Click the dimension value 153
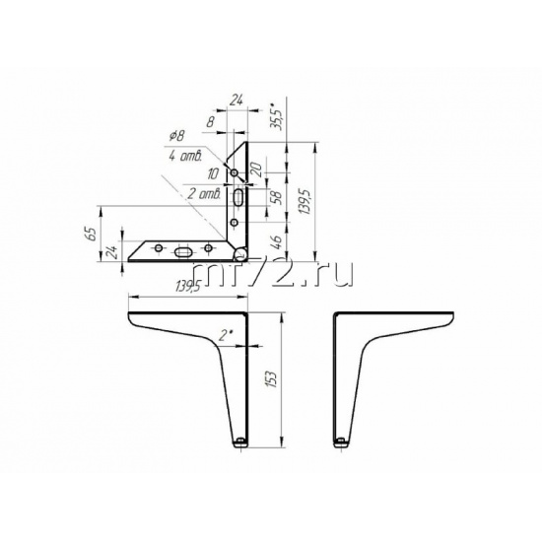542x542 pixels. point(273,379)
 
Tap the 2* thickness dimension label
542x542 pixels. point(227,335)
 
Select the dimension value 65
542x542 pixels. point(92,234)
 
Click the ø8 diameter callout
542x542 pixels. point(177,136)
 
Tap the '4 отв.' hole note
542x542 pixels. point(185,157)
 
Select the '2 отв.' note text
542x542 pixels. point(204,193)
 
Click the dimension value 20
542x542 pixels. point(257,169)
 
